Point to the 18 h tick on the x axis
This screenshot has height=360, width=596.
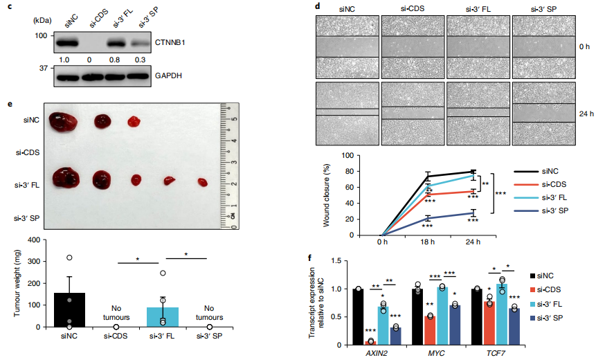coord(428,244)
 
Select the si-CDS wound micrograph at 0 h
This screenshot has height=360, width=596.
coord(413,46)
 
